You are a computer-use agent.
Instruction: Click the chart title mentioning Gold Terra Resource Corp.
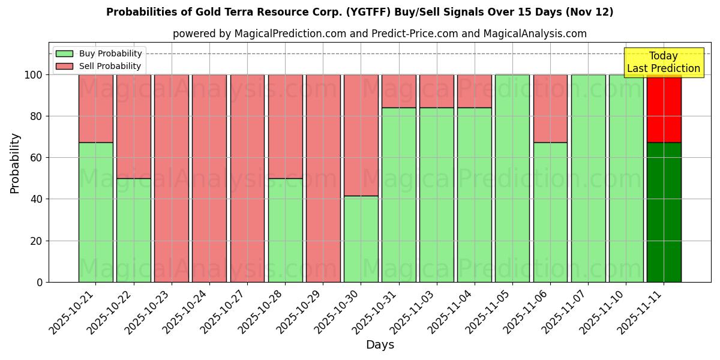[x=359, y=12]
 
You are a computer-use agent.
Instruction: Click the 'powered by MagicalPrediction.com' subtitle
[x=379, y=34]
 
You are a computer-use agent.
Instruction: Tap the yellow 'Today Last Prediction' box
[x=663, y=62]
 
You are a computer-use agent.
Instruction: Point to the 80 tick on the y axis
[x=37, y=116]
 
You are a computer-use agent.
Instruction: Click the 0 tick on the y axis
[x=40, y=282]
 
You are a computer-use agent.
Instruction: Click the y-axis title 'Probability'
[x=15, y=163]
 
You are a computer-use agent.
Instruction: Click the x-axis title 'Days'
[x=380, y=345]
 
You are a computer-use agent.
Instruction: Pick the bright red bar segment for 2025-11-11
[x=664, y=109]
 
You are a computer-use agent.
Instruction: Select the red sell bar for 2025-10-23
[x=172, y=178]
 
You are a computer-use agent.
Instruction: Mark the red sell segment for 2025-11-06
[x=550, y=109]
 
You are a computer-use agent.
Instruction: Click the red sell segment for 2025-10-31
[x=399, y=91]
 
